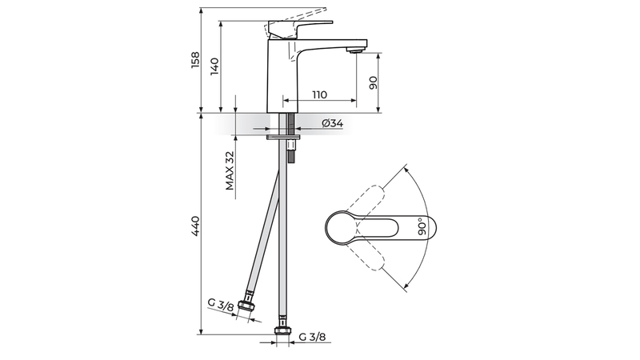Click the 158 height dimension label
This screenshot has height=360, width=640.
point(196,59)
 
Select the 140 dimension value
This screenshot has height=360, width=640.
point(214,66)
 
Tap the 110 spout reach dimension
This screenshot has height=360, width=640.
point(319,94)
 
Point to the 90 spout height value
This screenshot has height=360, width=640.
point(373,82)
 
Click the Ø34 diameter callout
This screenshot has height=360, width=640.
point(332,123)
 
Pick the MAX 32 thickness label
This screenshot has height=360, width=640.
point(230,170)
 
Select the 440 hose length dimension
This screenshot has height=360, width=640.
point(196,226)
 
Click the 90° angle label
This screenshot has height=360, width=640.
point(422,226)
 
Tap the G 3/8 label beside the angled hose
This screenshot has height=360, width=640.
point(220,305)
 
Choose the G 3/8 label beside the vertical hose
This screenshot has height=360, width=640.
point(312,337)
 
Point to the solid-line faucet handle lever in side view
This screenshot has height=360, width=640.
point(299,29)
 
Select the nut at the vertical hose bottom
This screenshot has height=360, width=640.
point(282,330)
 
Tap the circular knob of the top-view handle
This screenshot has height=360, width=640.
point(342,227)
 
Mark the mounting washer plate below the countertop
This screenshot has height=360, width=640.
point(283,137)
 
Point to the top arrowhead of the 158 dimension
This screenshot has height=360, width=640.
point(202,10)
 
